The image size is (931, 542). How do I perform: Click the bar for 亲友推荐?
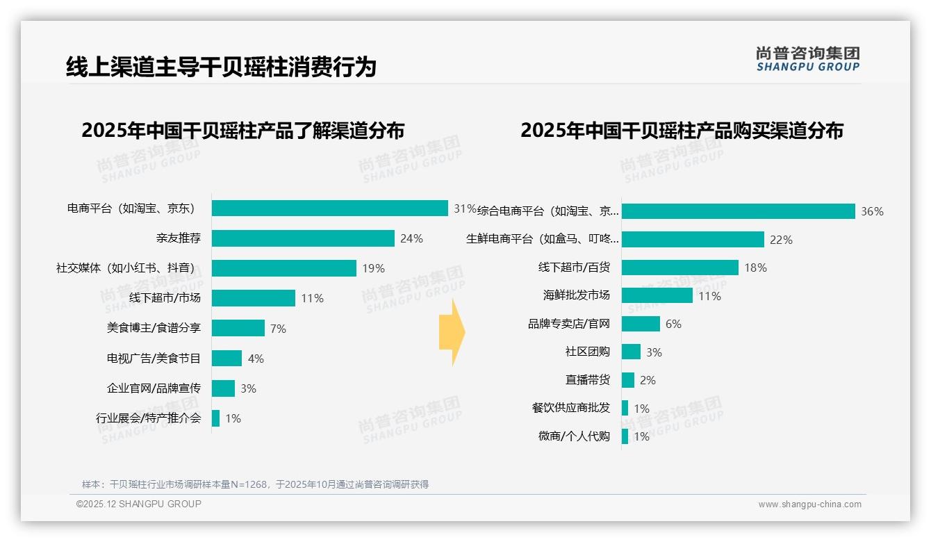pyautogui.click(x=303, y=238)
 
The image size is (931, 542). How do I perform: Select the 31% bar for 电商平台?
pyautogui.click(x=329, y=208)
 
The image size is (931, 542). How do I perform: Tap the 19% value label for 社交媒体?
pyautogui.click(x=373, y=269)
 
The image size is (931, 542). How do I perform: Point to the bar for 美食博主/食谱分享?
pyautogui.click(x=238, y=328)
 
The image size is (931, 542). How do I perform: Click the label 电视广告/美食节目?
pyautogui.click(x=154, y=359)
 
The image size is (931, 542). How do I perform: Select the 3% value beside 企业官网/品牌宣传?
pyautogui.click(x=248, y=388)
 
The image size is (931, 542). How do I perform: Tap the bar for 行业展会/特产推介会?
pyautogui.click(x=215, y=418)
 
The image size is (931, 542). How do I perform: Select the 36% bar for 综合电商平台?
pyautogui.click(x=738, y=211)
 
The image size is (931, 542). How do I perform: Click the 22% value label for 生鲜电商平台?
pyautogui.click(x=781, y=240)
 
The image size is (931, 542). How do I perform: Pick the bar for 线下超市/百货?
pyautogui.click(x=679, y=268)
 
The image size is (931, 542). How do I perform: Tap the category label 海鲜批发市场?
pyautogui.click(x=576, y=295)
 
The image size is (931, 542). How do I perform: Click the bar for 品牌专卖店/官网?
pyautogui.click(x=641, y=324)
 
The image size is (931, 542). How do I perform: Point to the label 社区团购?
pyautogui.click(x=587, y=352)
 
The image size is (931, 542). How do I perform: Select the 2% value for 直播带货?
pyautogui.click(x=648, y=380)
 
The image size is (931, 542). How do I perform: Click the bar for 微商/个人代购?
pyautogui.click(x=625, y=436)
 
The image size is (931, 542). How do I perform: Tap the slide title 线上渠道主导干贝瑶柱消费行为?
pyautogui.click(x=221, y=67)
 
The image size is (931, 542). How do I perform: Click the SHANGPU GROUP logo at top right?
pyautogui.click(x=807, y=59)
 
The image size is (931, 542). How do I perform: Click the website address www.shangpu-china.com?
pyautogui.click(x=809, y=504)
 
